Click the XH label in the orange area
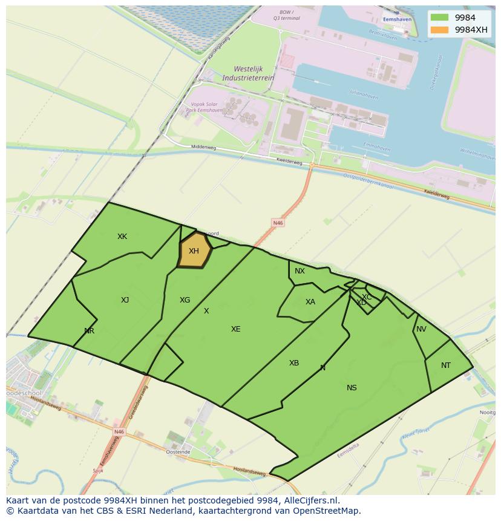(x=194, y=251)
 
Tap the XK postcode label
(x=122, y=237)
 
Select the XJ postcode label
(x=125, y=300)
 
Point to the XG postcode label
(x=185, y=300)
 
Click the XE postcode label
(x=235, y=329)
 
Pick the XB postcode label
(x=293, y=363)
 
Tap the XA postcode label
(x=310, y=302)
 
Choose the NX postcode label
(x=300, y=271)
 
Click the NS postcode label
(x=352, y=388)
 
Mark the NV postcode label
(x=421, y=329)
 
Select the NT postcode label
(x=446, y=365)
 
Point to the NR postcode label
(x=90, y=331)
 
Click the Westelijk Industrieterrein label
(x=248, y=73)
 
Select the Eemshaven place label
(x=397, y=19)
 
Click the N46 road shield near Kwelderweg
(x=278, y=223)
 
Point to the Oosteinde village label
(x=178, y=451)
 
